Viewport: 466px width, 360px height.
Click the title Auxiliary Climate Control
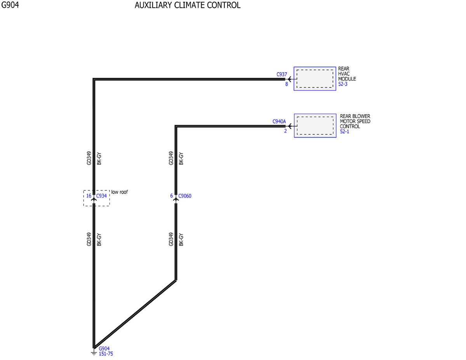(x=188, y=5)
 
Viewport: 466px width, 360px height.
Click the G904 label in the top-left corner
(x=10, y=5)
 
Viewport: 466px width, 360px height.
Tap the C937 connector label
(x=282, y=75)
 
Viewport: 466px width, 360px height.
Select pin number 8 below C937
(x=287, y=84)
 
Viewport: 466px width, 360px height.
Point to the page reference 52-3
(x=343, y=84)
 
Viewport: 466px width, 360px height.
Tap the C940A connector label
(x=279, y=121)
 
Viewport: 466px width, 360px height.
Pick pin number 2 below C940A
(x=285, y=131)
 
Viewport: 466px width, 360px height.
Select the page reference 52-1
(x=344, y=131)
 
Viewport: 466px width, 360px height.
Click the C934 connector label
(x=101, y=196)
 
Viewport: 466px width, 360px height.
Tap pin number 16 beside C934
(x=89, y=196)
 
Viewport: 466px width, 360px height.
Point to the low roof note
(x=120, y=192)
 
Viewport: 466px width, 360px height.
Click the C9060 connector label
(x=185, y=196)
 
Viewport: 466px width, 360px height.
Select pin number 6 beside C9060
(x=172, y=196)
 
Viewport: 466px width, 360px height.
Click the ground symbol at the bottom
(x=94, y=353)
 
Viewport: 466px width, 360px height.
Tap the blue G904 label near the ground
(x=104, y=349)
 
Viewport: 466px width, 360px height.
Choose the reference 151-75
(x=106, y=354)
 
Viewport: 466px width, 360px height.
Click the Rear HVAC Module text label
(x=347, y=74)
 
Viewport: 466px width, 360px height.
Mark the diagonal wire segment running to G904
(x=135, y=314)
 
